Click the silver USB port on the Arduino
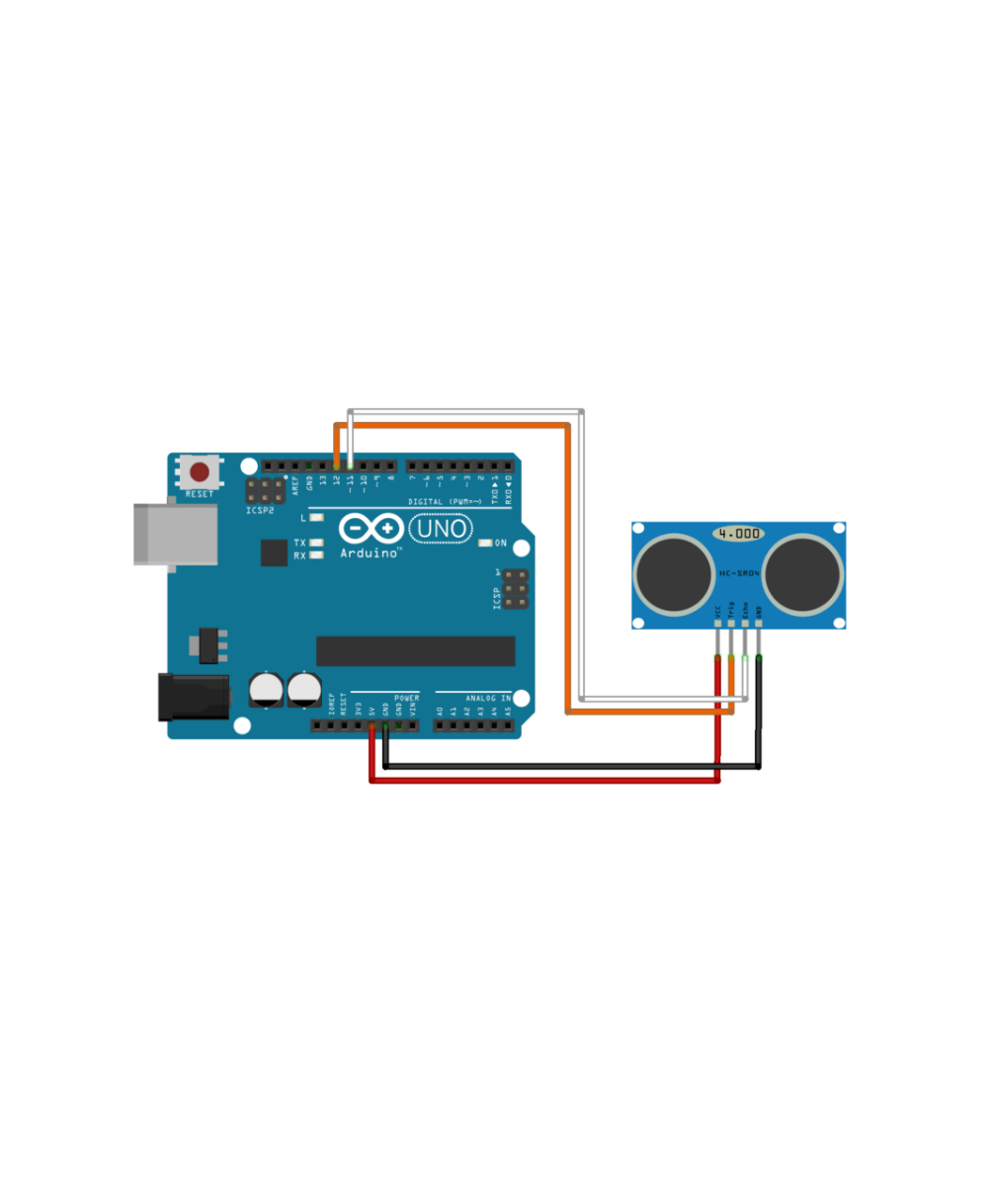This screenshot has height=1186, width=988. pos(176,535)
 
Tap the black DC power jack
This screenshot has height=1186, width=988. pos(194,697)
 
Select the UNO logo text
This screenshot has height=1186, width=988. pos(443,530)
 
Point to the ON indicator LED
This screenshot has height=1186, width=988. pos(485,543)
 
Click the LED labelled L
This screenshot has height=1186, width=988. pos(317,517)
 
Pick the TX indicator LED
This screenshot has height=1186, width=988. pos(317,543)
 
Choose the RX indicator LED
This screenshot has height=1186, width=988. pos(317,555)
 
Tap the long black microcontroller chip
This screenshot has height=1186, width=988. pos(415,650)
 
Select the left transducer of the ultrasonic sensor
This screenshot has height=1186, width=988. pos(674,573)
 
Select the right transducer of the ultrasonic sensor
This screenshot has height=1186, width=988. pos(802,573)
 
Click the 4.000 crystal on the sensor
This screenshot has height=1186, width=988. pos(739,534)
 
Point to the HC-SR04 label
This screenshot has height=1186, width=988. pos(738,573)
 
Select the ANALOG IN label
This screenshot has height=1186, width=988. pos(488,698)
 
